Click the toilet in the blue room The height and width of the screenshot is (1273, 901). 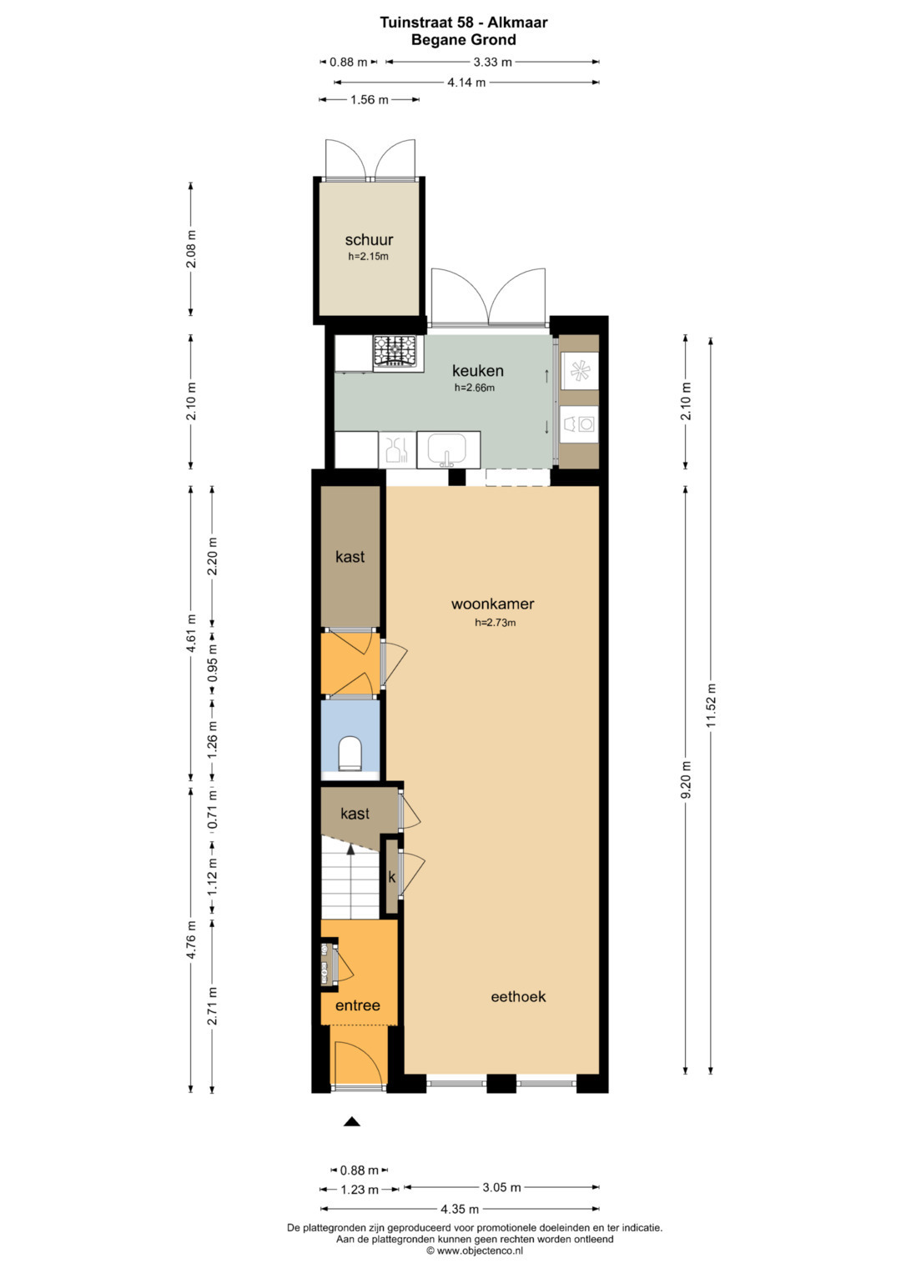coord(350,754)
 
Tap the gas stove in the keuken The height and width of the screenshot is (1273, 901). coord(398,353)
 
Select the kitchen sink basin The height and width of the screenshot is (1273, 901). coord(448,449)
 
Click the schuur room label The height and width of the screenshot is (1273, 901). coord(369,240)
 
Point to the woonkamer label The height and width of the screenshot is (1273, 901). coord(492,604)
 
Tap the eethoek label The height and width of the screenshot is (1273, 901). coord(518,1012)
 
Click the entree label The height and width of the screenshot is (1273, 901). coord(358,1021)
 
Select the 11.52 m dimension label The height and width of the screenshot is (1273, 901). coord(711,705)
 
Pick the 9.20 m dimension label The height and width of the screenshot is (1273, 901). coord(686,779)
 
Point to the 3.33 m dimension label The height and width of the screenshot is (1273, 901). coord(492,62)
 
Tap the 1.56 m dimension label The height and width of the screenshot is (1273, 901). coord(369,100)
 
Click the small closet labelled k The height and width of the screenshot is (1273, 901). coord(391,877)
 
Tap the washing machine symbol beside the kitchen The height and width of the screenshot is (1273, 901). coord(579,423)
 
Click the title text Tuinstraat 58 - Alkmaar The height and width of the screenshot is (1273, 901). coord(464,23)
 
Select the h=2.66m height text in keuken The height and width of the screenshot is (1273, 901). coord(475,388)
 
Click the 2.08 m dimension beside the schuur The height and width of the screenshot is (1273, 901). coord(191,248)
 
